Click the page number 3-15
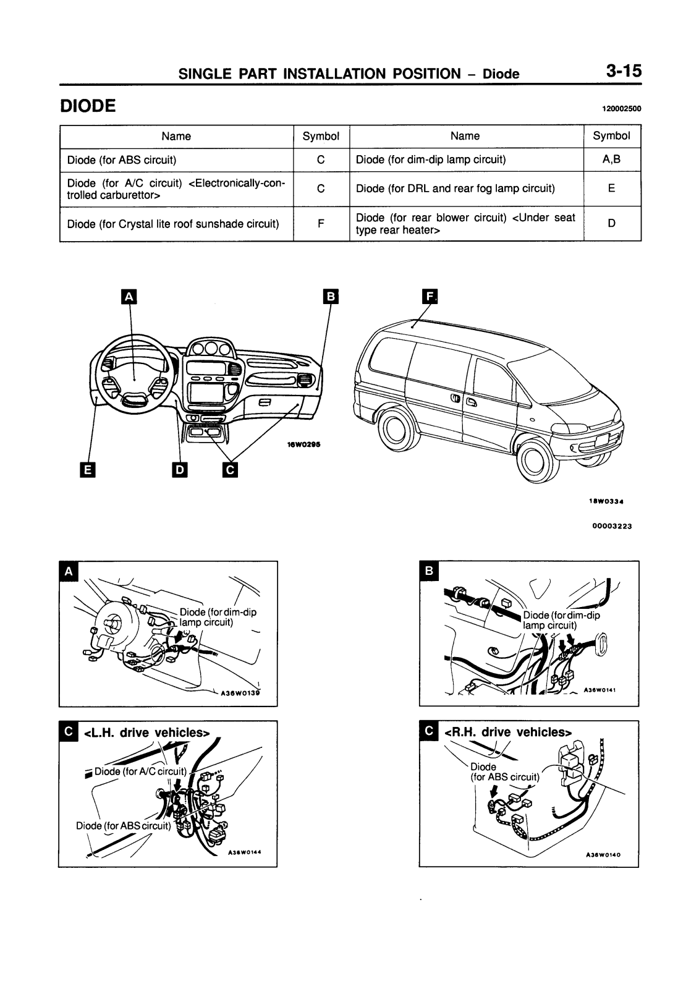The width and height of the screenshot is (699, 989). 623,71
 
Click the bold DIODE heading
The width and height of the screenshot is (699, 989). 88,106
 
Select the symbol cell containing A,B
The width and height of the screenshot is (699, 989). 611,159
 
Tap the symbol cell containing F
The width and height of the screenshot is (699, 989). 321,223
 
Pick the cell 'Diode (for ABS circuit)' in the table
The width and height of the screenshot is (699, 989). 122,160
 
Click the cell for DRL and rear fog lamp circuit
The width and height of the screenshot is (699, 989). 455,189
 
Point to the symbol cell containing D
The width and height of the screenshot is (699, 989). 611,223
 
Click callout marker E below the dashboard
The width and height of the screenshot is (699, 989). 87,470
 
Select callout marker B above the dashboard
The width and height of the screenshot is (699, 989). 331,297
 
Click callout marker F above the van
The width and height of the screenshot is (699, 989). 429,297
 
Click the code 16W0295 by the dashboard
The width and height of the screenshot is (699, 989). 303,444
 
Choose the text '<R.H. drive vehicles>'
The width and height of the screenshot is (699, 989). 508,732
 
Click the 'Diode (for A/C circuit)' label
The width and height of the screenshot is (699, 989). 140,771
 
